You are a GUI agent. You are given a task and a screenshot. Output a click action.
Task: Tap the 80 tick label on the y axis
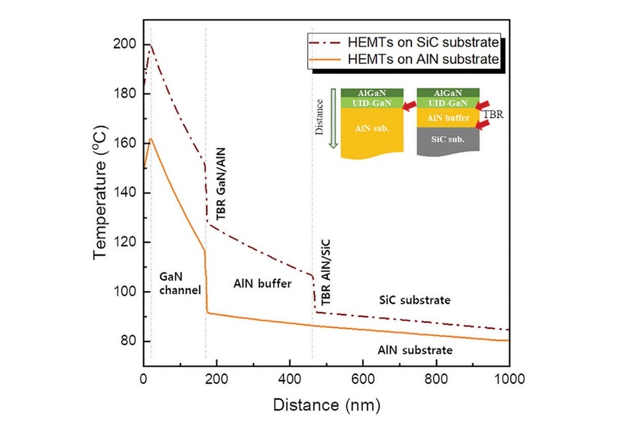pos(129,341)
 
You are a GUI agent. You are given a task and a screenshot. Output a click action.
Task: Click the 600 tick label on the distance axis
pos(363,379)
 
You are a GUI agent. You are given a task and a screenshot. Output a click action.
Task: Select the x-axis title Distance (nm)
pos(326,404)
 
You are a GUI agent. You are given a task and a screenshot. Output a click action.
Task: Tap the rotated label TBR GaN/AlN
pos(220,189)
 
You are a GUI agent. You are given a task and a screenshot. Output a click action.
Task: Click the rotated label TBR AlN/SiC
pos(326,271)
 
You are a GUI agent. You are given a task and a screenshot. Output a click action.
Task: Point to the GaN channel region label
pos(180,282)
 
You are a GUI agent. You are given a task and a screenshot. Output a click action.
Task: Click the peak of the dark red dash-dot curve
pos(150,44)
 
